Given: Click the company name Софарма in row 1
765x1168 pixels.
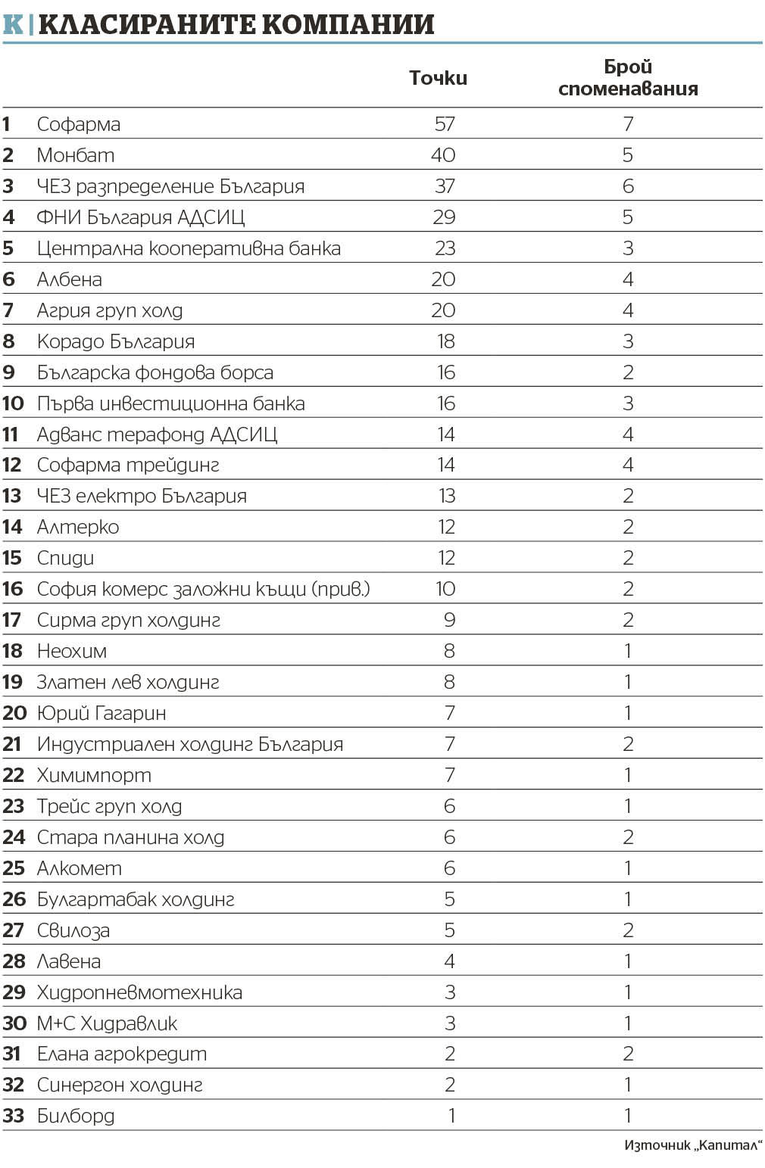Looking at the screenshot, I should [79, 124].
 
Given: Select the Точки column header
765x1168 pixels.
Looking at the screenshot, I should [438, 78].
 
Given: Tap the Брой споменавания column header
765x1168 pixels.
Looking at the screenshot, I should [628, 78].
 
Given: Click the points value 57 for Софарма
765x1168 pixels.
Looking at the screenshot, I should [445, 124].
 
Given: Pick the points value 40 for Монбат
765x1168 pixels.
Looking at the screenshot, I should [443, 155].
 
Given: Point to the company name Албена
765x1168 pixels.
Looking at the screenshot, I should [70, 279].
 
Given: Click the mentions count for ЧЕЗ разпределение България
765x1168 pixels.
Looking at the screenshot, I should [628, 186].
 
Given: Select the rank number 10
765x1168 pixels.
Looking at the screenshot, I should [13, 403].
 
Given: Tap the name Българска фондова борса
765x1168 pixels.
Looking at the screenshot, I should [155, 372].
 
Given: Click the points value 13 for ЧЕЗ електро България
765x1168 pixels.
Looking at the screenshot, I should [446, 497].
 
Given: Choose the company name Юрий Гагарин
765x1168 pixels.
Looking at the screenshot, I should [101, 713].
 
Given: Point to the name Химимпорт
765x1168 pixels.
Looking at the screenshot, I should [94, 775].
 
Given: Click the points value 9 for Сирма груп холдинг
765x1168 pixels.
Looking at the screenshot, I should [449, 621].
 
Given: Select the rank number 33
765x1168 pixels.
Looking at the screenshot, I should [14, 1116].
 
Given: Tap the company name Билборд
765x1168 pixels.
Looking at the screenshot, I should [76, 1116].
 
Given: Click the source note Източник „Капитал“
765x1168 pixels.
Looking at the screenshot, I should [692, 1145].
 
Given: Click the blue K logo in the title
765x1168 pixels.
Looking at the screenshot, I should [13, 24].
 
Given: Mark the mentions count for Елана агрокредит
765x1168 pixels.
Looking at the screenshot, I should [628, 1054].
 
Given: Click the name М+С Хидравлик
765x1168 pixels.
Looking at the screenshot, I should [107, 1023].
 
